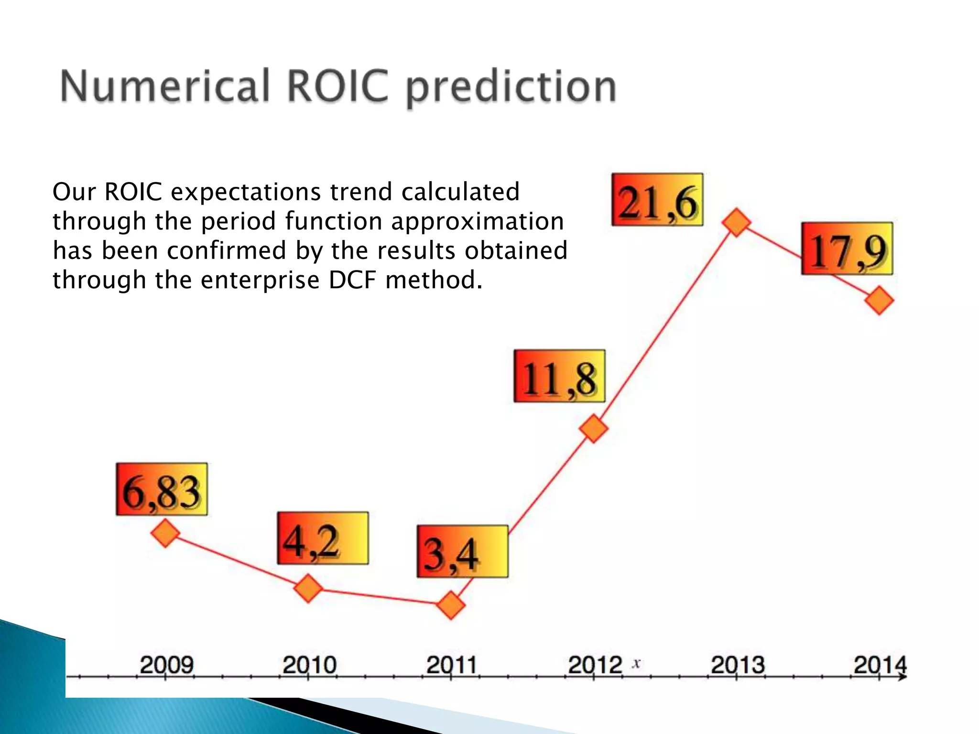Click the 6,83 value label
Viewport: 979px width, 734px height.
[x=162, y=489]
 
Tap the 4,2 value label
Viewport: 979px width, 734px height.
[x=323, y=539]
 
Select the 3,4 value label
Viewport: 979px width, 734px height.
[x=462, y=551]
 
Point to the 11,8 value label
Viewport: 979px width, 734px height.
[x=559, y=376]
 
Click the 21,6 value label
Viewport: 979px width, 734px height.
[x=657, y=200]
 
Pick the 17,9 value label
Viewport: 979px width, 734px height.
[x=847, y=248]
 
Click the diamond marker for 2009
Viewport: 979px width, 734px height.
[x=165, y=533]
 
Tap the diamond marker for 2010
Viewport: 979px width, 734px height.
[x=308, y=588]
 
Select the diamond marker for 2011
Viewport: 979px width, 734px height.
[x=451, y=605]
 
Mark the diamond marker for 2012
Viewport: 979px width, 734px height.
[x=594, y=428]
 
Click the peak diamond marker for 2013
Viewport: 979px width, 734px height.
[x=736, y=222]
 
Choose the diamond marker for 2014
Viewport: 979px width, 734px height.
[x=879, y=301]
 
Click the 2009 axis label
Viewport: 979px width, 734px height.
[x=166, y=665]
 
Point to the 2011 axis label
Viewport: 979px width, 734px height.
[x=452, y=665]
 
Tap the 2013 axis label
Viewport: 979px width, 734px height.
[x=738, y=665]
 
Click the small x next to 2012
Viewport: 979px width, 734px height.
[x=636, y=663]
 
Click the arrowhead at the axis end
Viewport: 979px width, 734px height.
[x=903, y=677]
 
